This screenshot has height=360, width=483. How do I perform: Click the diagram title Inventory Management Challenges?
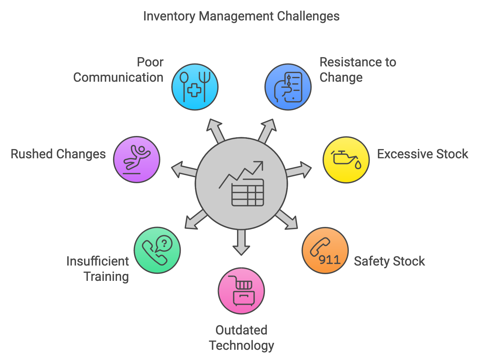(x=241, y=16)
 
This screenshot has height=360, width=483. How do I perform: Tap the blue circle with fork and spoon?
(x=195, y=87)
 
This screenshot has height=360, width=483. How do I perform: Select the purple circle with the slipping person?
(x=137, y=159)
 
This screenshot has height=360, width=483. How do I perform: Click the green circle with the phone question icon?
(x=157, y=250)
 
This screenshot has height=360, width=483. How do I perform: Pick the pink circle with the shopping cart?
(x=241, y=291)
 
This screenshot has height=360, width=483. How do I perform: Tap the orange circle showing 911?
(x=325, y=250)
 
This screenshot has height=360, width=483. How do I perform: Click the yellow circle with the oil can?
(x=346, y=160)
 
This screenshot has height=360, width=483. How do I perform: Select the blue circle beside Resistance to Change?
(x=288, y=87)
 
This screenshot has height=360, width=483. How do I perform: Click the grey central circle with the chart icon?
(x=241, y=184)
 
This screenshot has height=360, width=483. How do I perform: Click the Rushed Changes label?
(x=58, y=154)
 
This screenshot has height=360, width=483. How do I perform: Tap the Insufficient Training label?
(x=98, y=269)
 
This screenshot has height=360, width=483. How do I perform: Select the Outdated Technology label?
(x=241, y=338)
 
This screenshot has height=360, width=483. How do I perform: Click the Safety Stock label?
(x=389, y=261)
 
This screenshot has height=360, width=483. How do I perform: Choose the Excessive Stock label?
(x=422, y=154)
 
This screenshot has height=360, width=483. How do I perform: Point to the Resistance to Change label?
(x=357, y=70)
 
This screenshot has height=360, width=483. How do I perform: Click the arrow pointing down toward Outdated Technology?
(x=241, y=243)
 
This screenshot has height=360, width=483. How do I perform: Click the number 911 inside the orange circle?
(x=330, y=260)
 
